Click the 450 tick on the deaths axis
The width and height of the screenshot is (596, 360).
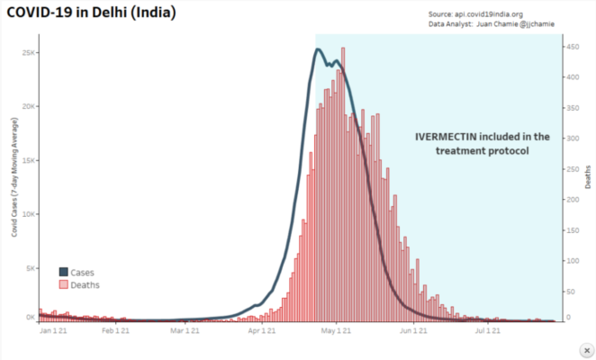(x=572, y=46)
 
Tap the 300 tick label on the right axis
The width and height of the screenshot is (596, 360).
(x=572, y=138)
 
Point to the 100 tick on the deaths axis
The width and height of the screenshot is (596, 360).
(x=572, y=260)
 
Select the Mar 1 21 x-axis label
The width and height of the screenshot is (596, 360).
(x=185, y=330)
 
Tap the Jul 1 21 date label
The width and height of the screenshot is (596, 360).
(x=487, y=330)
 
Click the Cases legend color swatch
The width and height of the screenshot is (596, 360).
(x=63, y=272)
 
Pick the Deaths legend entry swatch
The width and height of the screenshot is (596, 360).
(x=63, y=284)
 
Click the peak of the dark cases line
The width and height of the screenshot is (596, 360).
(x=318, y=49)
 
